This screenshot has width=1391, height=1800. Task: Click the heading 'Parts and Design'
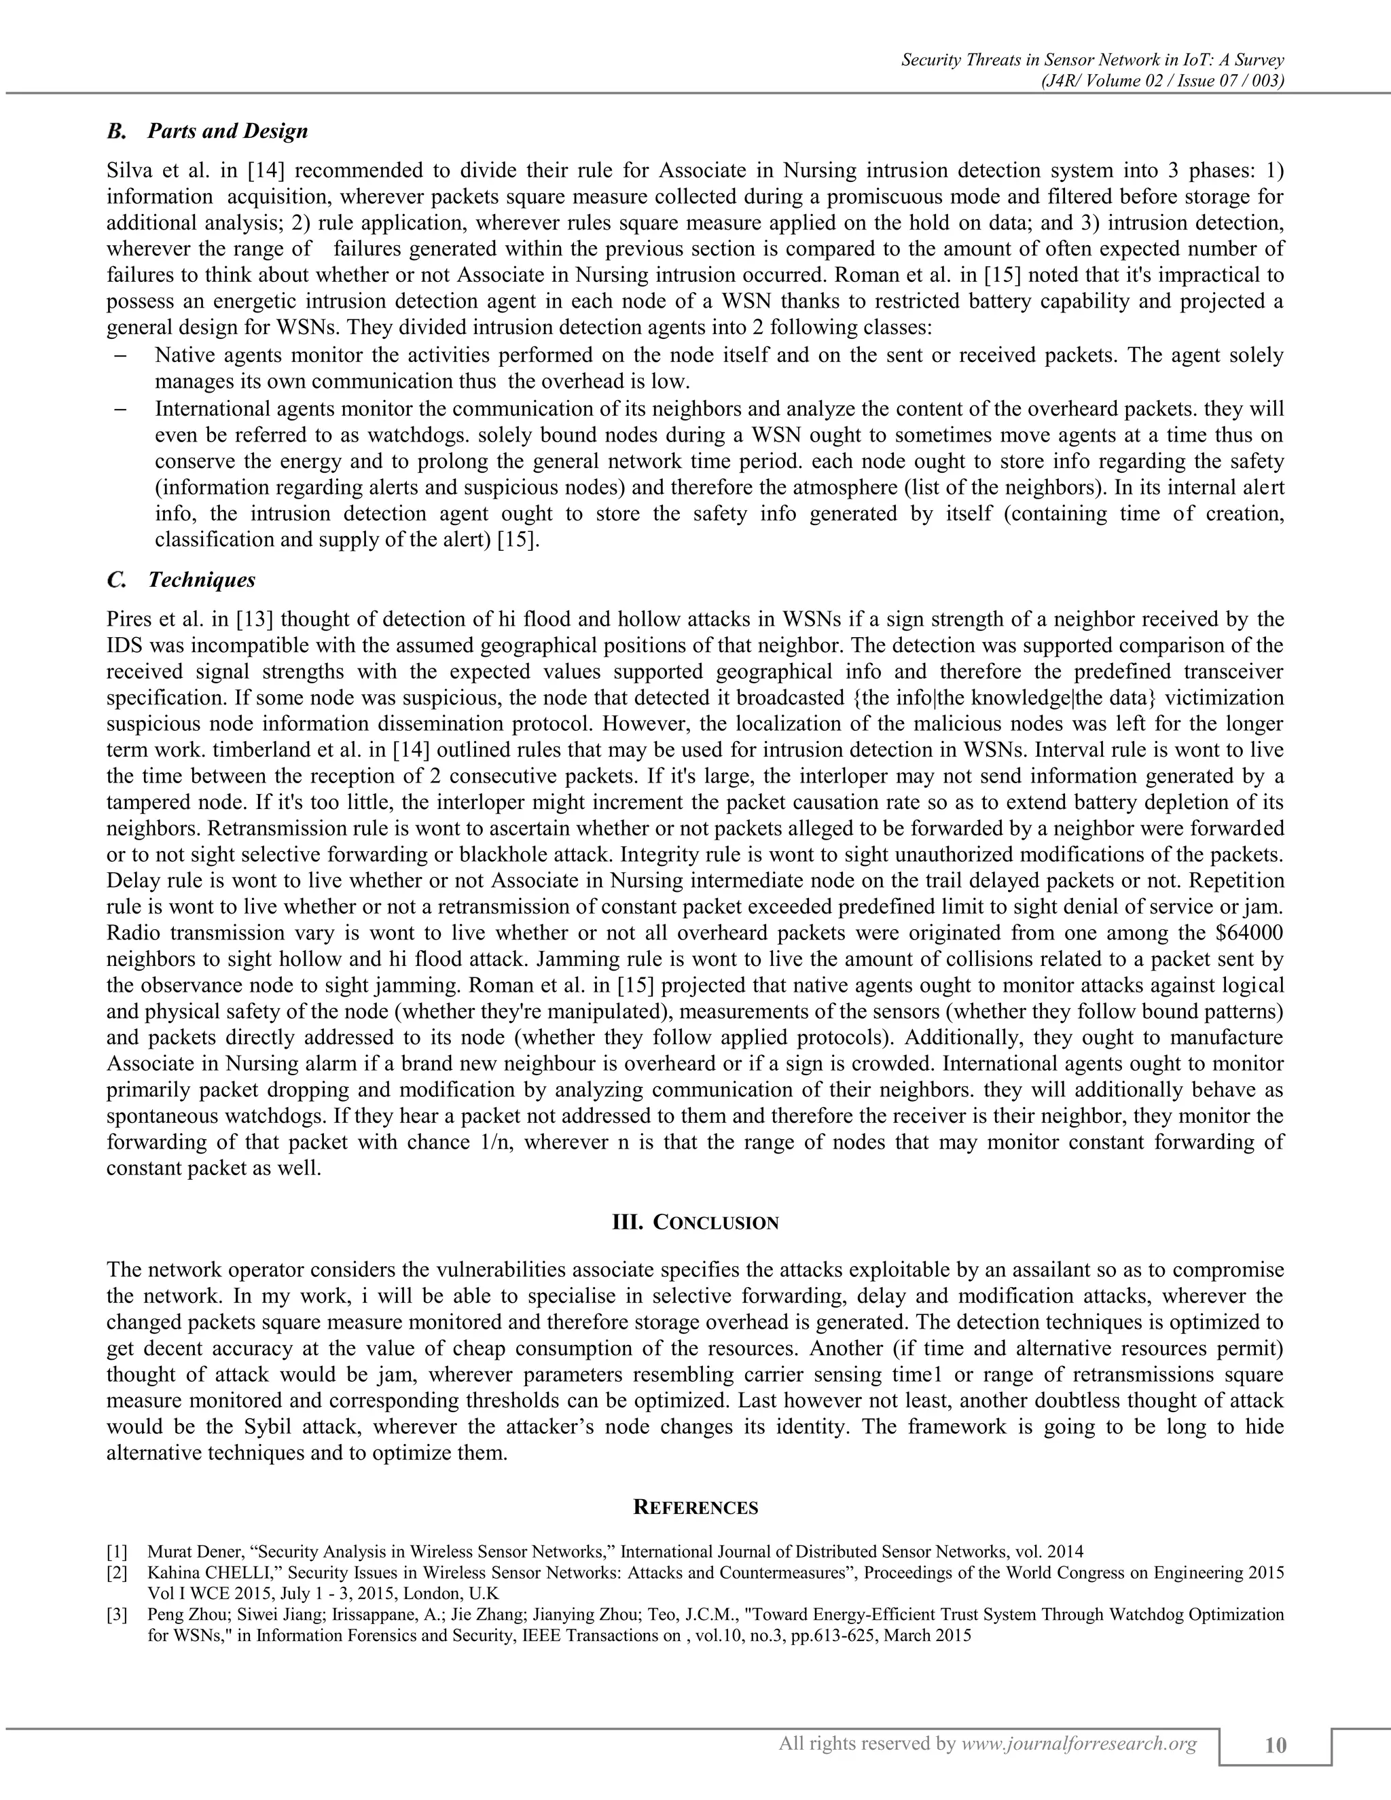point(228,131)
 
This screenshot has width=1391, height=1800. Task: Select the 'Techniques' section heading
point(201,579)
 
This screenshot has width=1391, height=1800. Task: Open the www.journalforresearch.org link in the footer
point(1079,1743)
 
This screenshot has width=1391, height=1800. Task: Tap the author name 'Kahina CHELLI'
point(194,1572)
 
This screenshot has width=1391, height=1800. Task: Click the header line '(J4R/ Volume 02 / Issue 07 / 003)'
point(1163,80)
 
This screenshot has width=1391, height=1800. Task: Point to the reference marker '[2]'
point(117,1572)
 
